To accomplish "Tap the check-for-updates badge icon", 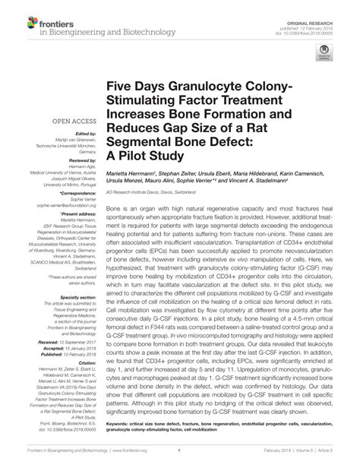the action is [x=326, y=52].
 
